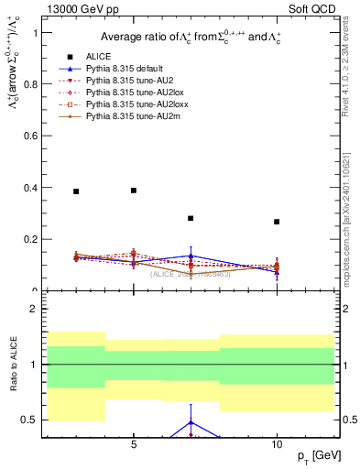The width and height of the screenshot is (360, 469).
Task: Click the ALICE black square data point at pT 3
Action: coord(76,191)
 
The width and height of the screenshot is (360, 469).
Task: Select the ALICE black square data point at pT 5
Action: coord(134,191)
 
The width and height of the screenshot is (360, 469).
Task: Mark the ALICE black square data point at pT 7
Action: coord(191,219)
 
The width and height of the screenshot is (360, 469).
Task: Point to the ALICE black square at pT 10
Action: coord(277,222)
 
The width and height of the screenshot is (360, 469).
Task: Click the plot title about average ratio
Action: coord(191,38)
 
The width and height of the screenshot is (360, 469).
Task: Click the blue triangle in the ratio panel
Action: coord(191,422)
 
